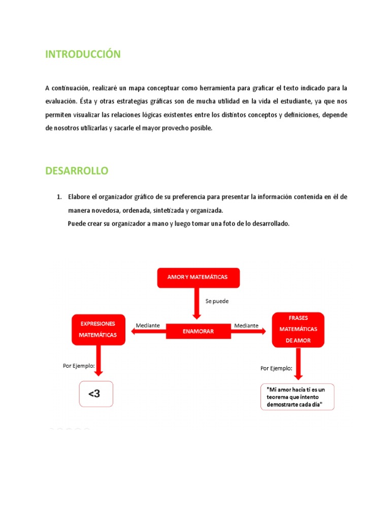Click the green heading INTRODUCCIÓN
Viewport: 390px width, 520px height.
pyautogui.click(x=83, y=54)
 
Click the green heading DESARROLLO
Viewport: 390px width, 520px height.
pyautogui.click(x=77, y=171)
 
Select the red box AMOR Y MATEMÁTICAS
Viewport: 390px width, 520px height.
pyautogui.click(x=198, y=277)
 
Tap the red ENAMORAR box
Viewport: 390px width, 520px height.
pyautogui.click(x=198, y=331)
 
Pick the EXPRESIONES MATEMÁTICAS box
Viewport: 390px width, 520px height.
pyautogui.click(x=98, y=329)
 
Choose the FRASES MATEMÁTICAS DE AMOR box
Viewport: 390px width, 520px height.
pyautogui.click(x=298, y=330)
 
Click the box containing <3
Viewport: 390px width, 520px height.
pyautogui.click(x=96, y=394)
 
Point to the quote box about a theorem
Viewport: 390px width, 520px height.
pyautogui.click(x=298, y=397)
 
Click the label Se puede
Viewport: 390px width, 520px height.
pyautogui.click(x=217, y=301)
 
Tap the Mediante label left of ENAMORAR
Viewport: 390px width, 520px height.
pyautogui.click(x=148, y=325)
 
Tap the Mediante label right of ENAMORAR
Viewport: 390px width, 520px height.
pyautogui.click(x=246, y=325)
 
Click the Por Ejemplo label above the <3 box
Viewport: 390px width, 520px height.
pyautogui.click(x=79, y=365)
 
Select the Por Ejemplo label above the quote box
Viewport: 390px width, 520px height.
pyautogui.click(x=276, y=368)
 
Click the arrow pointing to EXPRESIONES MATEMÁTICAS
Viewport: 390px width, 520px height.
pyautogui.click(x=147, y=332)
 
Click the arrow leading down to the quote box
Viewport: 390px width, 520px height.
pyautogui.click(x=298, y=364)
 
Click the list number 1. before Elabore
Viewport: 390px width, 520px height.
pyautogui.click(x=59, y=197)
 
